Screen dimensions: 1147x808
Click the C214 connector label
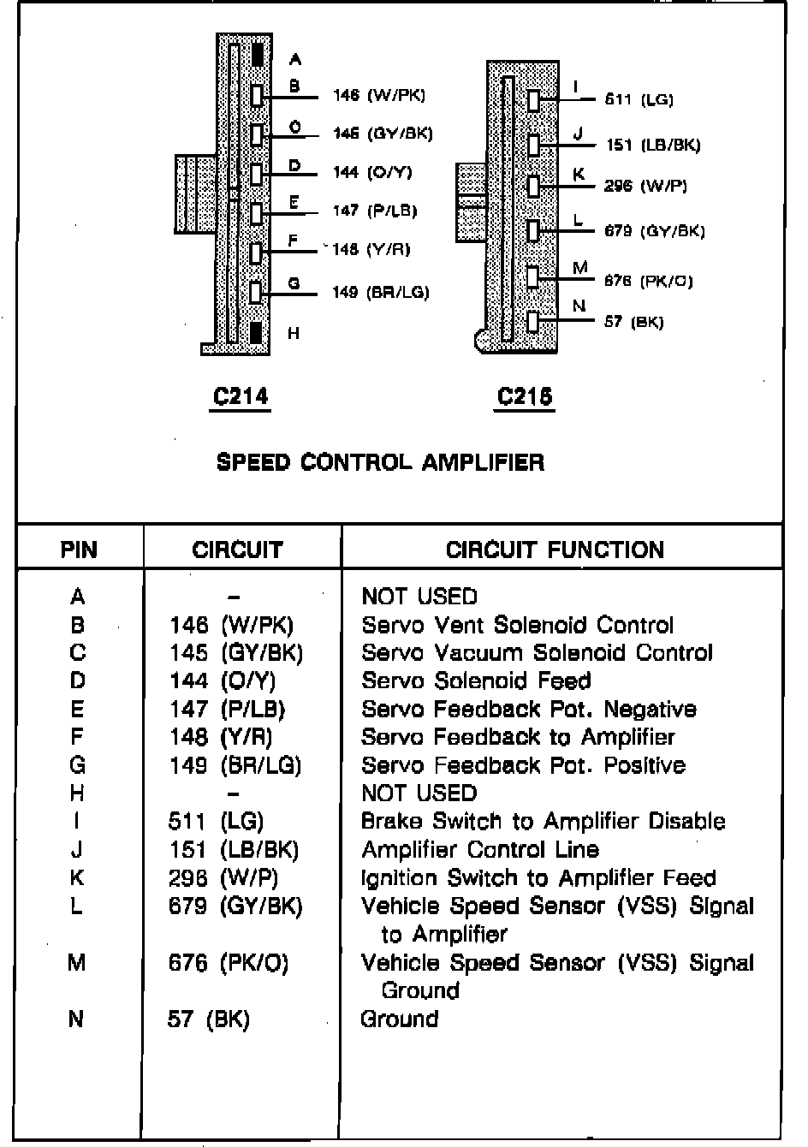click(x=241, y=396)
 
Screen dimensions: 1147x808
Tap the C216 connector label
click(x=525, y=396)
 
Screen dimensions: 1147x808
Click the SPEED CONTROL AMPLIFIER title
click(x=380, y=463)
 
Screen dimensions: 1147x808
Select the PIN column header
click(x=79, y=550)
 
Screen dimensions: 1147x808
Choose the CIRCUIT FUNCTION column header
click(x=555, y=550)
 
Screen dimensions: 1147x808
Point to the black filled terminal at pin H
click(x=256, y=332)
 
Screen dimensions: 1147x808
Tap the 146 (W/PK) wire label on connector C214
click(x=378, y=96)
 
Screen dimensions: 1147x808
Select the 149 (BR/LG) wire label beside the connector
click(x=380, y=293)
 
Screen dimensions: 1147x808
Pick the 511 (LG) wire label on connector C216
click(x=639, y=100)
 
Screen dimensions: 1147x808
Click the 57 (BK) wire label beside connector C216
click(x=633, y=323)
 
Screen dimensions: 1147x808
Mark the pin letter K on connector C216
click(x=579, y=175)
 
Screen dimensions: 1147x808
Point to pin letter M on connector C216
click(x=580, y=269)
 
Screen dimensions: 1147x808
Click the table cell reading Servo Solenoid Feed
click(x=476, y=681)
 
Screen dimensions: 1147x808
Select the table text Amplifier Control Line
click(x=480, y=850)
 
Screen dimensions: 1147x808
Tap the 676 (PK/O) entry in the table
click(x=229, y=963)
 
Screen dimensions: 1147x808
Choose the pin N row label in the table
click(x=76, y=1019)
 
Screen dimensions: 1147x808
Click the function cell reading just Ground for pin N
click(x=400, y=1019)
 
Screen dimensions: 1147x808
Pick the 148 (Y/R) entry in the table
click(x=221, y=737)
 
